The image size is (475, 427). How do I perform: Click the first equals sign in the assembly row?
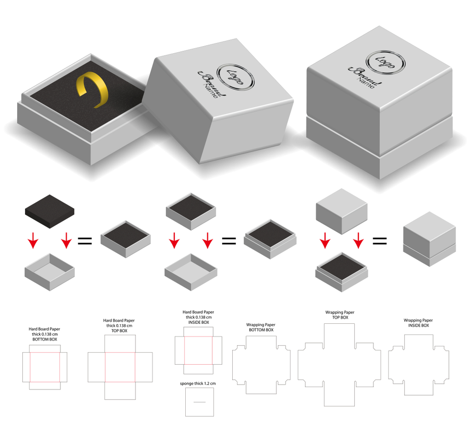84,240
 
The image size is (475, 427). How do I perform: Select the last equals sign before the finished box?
379,240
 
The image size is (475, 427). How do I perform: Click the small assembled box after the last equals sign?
429,241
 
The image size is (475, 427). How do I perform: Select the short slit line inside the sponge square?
199,402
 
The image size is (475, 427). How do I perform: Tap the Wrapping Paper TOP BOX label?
340,315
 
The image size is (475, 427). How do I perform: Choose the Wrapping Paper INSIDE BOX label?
418,323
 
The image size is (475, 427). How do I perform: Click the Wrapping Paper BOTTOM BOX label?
260,327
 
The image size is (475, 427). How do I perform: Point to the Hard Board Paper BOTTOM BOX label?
45,334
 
